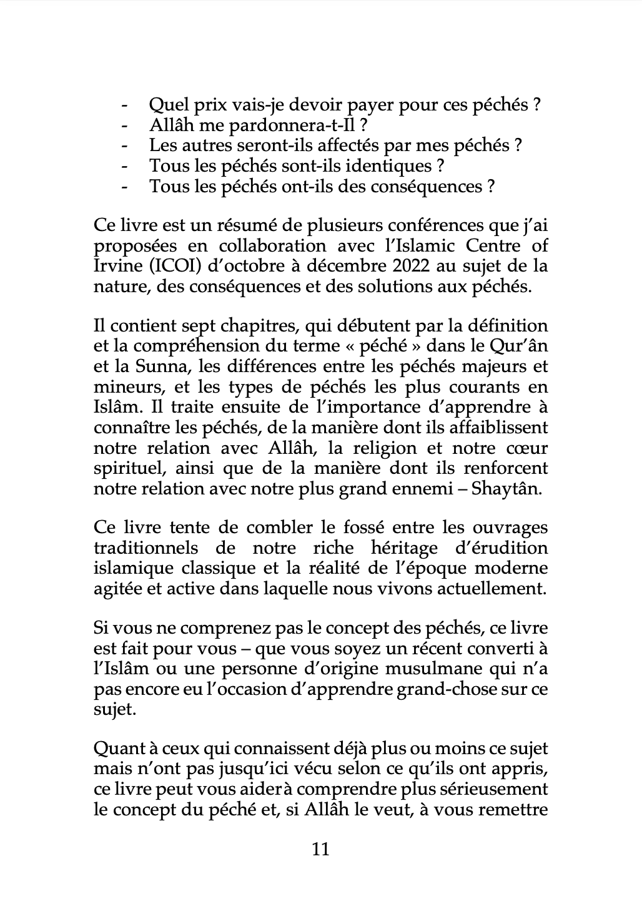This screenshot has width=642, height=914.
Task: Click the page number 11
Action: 320,849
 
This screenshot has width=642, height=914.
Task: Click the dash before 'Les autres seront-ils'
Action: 125,146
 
